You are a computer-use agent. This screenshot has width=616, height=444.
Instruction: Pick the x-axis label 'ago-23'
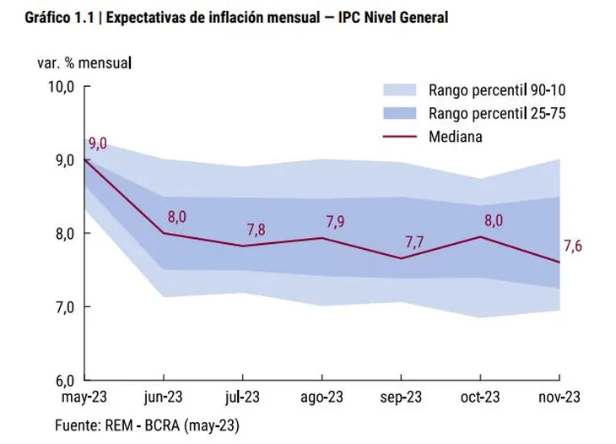point(322,396)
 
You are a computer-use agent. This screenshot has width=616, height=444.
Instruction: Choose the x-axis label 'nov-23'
point(559,396)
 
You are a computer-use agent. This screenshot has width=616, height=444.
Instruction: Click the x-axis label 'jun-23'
point(164,396)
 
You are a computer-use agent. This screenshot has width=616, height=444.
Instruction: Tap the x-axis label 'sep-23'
point(401,396)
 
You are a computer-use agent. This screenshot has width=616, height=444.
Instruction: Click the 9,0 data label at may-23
point(98,143)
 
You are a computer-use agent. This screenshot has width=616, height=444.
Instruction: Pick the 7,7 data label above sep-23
point(415,241)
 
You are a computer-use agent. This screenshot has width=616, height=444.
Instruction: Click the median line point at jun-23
point(164,233)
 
